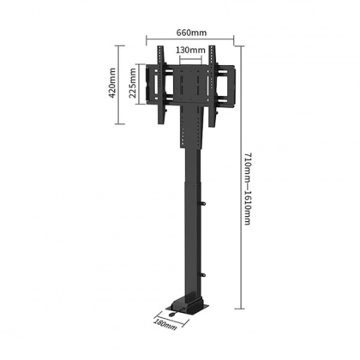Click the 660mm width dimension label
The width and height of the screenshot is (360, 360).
pos(191,33)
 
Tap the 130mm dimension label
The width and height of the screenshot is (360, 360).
pos(190,50)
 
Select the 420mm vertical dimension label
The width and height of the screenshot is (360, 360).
pos(111,82)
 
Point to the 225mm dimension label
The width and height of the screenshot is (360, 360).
pos(133,83)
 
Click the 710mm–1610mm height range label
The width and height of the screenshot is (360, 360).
pos(248,189)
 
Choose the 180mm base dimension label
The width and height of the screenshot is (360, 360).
pos(165,324)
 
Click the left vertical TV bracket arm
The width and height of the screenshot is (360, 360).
pos(161,85)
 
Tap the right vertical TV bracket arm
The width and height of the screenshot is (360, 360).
pos(212,86)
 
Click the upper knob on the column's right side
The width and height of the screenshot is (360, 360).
pos(203,204)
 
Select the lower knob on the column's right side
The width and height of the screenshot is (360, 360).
pos(203,275)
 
